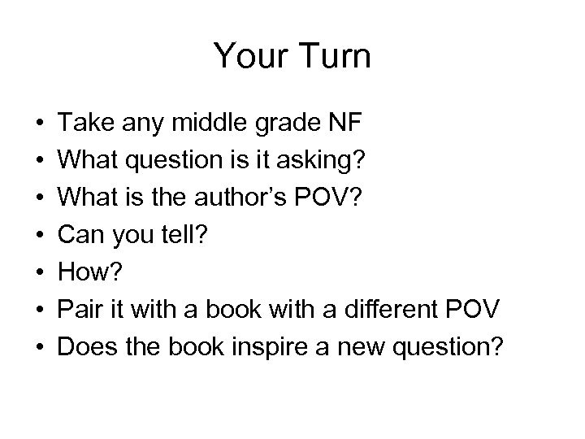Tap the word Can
[84, 235]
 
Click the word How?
[92, 272]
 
